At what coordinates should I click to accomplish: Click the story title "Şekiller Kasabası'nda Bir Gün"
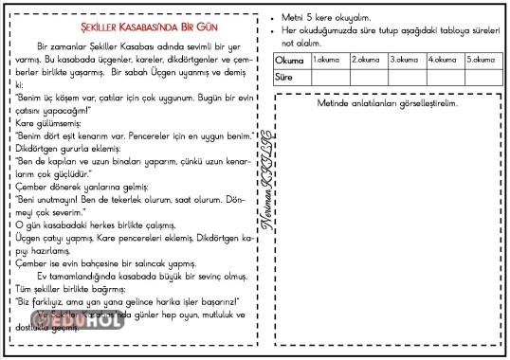tap(136, 27)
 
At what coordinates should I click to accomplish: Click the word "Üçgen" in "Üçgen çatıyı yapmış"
tap(28, 238)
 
